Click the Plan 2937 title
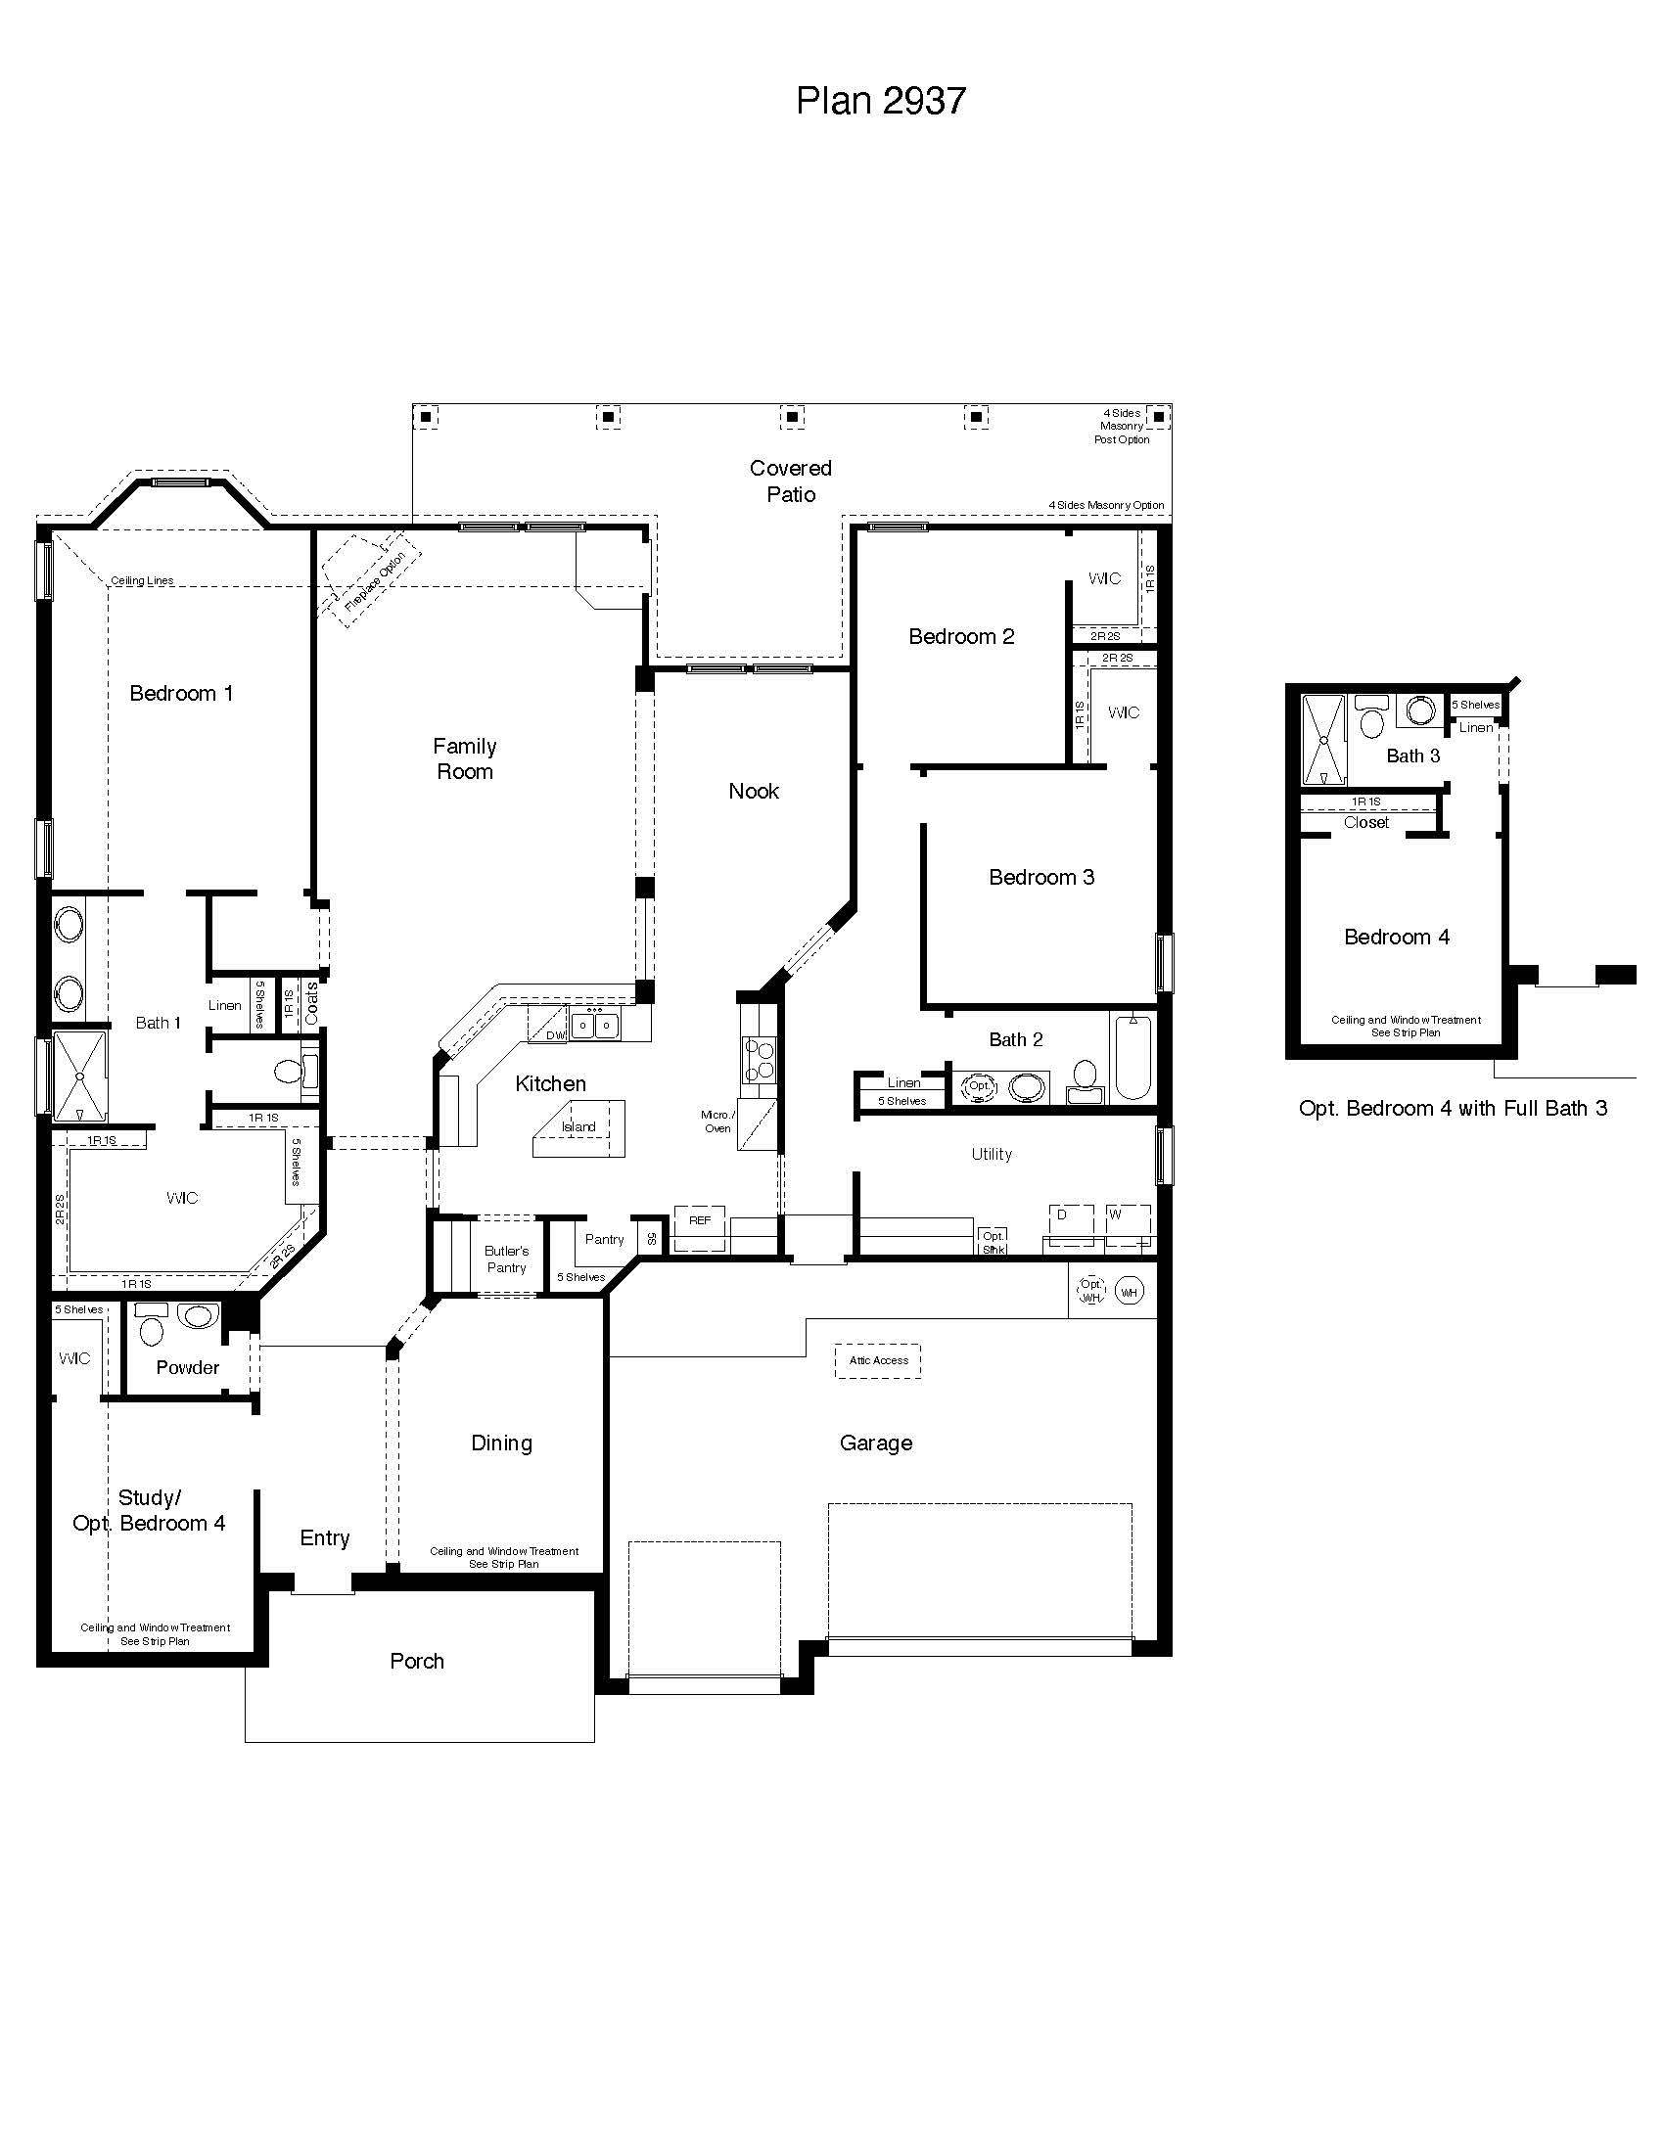click(880, 101)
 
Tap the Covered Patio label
click(791, 481)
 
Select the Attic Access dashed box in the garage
click(878, 1360)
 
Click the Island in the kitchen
click(579, 1126)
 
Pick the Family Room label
click(464, 759)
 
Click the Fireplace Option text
click(375, 581)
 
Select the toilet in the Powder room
click(151, 1327)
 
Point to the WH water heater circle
click(1129, 1292)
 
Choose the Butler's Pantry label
click(506, 1259)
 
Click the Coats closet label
click(311, 1003)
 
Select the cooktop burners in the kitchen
click(759, 1061)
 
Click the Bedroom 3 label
click(1041, 878)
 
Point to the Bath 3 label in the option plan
click(1412, 756)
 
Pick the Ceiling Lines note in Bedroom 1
click(142, 580)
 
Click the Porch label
click(417, 1661)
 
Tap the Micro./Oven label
click(717, 1121)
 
